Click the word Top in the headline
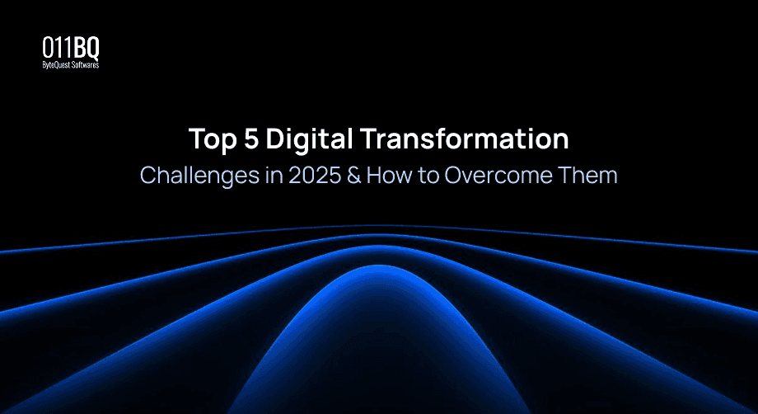[212, 139]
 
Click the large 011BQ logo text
[71, 48]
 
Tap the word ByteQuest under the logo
[58, 64]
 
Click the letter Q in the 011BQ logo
[92, 48]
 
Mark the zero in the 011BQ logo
[49, 48]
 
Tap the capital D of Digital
[279, 139]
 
